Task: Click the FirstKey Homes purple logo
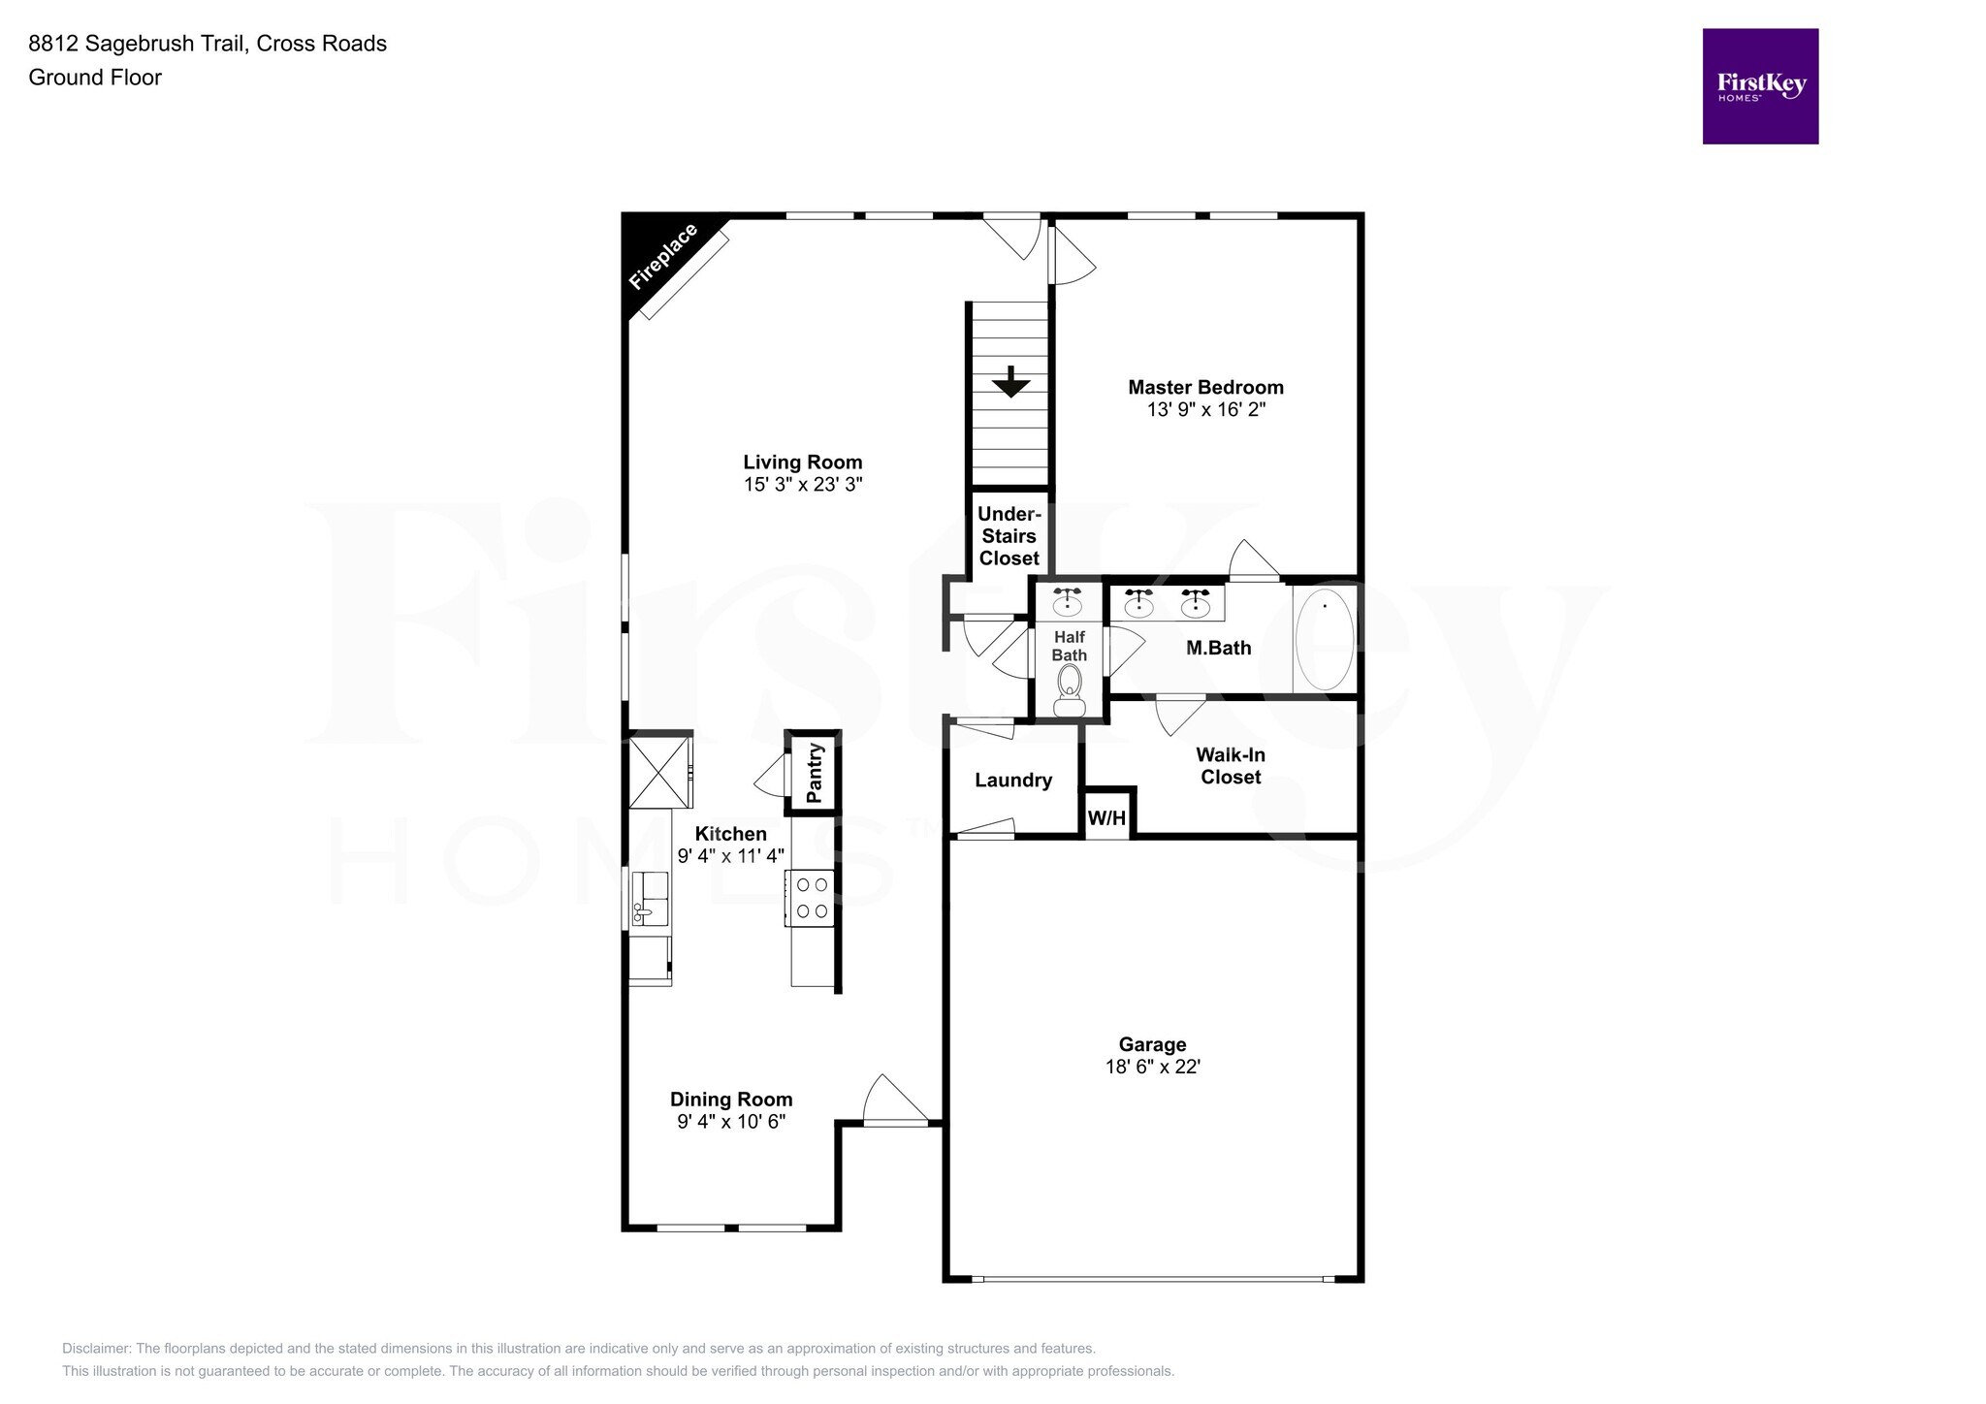[1760, 86]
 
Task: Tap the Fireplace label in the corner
[663, 257]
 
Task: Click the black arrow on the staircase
[1010, 382]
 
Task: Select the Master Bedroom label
[1205, 387]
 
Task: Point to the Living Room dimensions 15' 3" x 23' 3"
[803, 484]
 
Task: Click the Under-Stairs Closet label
[1009, 536]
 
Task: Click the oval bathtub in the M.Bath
[1325, 640]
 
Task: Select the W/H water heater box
[1106, 817]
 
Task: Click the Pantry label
[815, 773]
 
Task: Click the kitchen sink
[650, 899]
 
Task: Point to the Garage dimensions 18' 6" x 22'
[1152, 1067]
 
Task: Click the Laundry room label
[1012, 780]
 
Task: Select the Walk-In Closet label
[1230, 765]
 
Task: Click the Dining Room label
[731, 1099]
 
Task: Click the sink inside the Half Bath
[1068, 602]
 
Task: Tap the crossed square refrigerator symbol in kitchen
[658, 772]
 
